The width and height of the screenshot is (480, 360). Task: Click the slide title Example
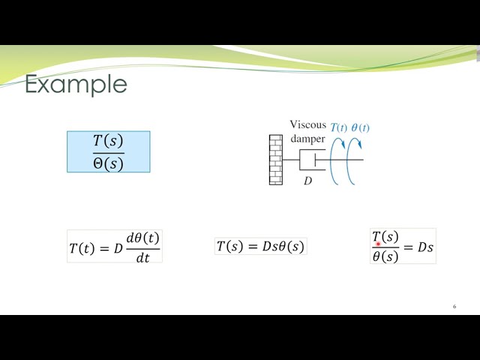pyautogui.click(x=76, y=84)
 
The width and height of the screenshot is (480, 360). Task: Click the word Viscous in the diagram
pyautogui.click(x=307, y=126)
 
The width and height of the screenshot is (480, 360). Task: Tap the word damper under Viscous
pyautogui.click(x=307, y=139)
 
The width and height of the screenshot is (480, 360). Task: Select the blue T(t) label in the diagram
pyautogui.click(x=339, y=127)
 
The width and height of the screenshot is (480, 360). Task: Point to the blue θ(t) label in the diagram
pyautogui.click(x=360, y=127)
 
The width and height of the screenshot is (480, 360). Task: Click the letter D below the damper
pyautogui.click(x=307, y=181)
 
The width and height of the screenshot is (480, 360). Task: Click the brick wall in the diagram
pyautogui.click(x=275, y=159)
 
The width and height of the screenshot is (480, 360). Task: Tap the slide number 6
pyautogui.click(x=454, y=307)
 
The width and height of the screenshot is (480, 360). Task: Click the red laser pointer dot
pyautogui.click(x=379, y=244)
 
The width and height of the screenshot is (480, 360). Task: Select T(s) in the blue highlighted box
pyautogui.click(x=108, y=141)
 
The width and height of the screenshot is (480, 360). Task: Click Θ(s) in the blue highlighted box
pyautogui.click(x=108, y=163)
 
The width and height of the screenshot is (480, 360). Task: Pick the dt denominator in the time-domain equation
pyautogui.click(x=142, y=256)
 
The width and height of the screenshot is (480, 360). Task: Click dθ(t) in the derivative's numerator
pyautogui.click(x=142, y=238)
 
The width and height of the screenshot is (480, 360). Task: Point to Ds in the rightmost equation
pyautogui.click(x=424, y=247)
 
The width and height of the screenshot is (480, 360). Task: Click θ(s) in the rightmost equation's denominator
pyautogui.click(x=385, y=256)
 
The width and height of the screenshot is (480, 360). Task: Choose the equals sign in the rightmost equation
pyautogui.click(x=408, y=247)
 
